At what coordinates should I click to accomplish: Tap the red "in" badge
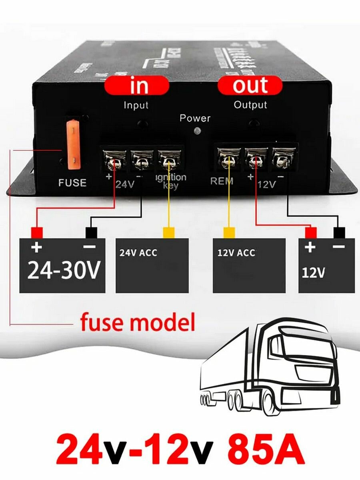136,86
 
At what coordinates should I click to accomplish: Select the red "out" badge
250,86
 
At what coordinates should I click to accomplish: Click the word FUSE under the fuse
72,183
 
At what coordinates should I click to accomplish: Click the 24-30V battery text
63,271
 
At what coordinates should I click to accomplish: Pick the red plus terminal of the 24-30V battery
37,232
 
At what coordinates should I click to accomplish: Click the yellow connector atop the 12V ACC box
229,232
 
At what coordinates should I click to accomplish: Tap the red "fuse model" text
137,323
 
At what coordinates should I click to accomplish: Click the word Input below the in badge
136,105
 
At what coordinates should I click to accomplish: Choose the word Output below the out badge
250,105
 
